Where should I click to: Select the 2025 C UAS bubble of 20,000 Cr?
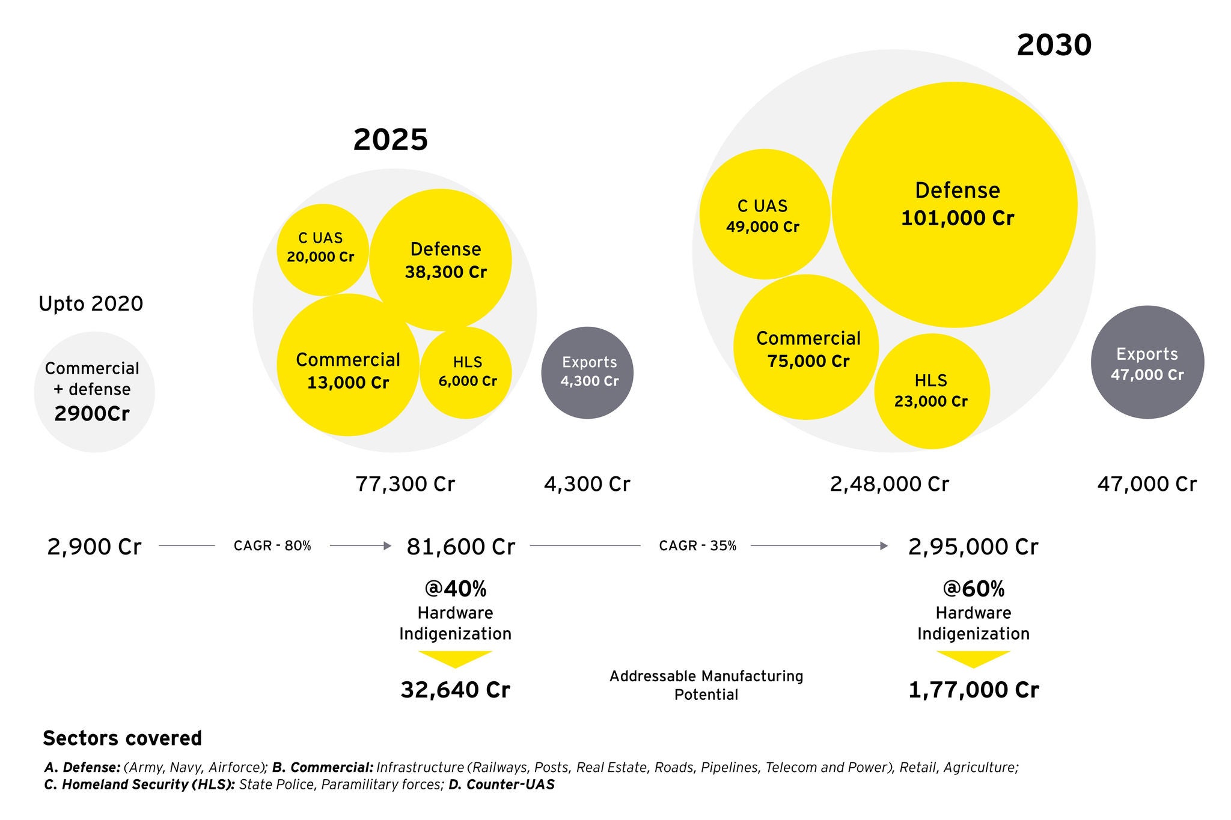tap(322, 249)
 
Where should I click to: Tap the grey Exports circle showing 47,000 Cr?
tap(1147, 362)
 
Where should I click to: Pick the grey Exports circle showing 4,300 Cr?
tap(587, 372)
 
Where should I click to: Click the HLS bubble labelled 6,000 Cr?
tap(466, 372)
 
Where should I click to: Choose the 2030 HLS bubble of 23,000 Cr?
tap(932, 391)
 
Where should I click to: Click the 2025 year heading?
tap(390, 140)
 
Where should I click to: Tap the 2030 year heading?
tap(1054, 46)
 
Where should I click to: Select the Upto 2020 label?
tap(91, 304)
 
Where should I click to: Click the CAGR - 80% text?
tap(272, 546)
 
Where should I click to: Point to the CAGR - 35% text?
tap(697, 546)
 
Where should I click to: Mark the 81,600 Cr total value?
tap(460, 547)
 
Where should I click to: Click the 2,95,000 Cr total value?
tap(973, 547)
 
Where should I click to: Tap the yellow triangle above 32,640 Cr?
tap(455, 658)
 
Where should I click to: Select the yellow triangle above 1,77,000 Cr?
tap(973, 658)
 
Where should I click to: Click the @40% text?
tap(455, 589)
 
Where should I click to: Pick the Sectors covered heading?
tap(123, 738)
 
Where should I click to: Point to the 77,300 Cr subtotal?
tap(405, 484)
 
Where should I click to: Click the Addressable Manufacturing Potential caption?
tap(706, 685)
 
